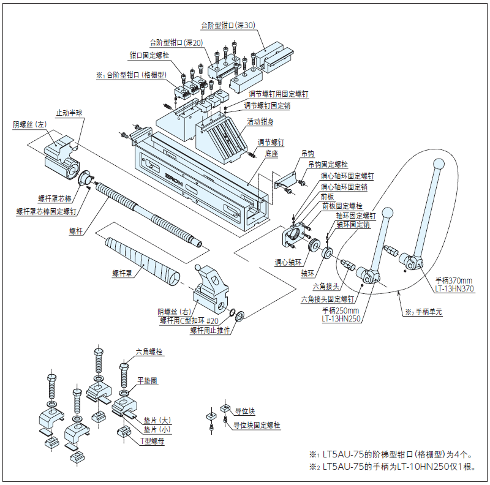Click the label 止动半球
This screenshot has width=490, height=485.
coord(69,113)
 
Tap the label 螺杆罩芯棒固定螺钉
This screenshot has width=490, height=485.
coord(47,211)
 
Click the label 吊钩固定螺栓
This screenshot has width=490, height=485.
coord(328,165)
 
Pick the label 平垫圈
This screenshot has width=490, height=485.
coord(147,380)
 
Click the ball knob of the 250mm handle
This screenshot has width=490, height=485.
coord(388,212)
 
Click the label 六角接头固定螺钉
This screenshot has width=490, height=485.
coord(328,299)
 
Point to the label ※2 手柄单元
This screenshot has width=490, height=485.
coord(423,311)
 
